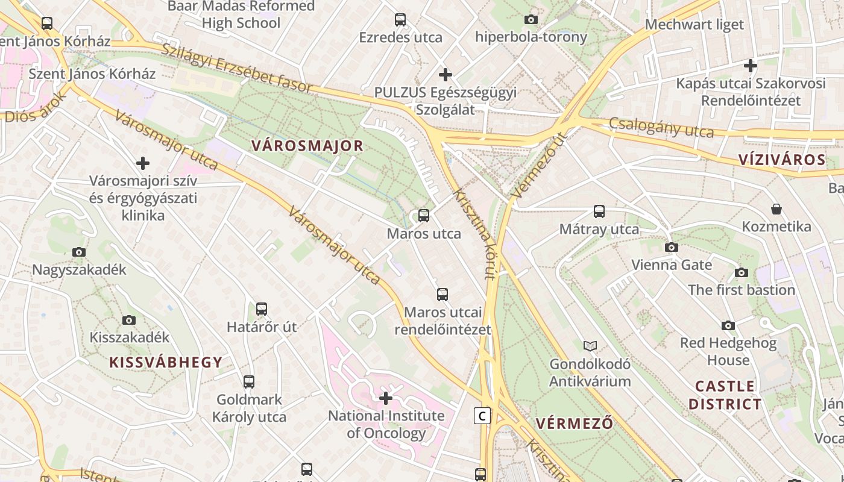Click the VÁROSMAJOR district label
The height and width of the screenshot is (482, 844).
click(x=307, y=145)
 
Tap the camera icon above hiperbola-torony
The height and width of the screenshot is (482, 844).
click(x=531, y=19)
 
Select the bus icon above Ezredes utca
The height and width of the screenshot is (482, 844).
click(x=400, y=20)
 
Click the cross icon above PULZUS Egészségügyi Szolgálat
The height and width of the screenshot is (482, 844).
click(x=446, y=75)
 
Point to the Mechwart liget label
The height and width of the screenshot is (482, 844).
click(x=694, y=25)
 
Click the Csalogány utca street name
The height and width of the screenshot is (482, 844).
click(x=661, y=127)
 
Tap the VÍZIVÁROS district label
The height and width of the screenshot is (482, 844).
click(x=782, y=160)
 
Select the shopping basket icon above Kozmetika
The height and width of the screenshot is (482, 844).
click(x=776, y=209)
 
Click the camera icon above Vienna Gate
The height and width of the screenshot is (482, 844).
click(x=671, y=247)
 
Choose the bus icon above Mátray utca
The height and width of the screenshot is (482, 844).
click(x=599, y=211)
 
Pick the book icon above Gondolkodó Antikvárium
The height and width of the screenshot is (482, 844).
click(x=590, y=346)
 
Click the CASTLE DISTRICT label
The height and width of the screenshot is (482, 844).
click(x=725, y=395)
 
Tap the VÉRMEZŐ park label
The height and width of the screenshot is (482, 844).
click(x=575, y=423)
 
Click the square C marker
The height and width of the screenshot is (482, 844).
click(x=481, y=416)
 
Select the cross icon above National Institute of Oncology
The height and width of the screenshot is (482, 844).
click(x=386, y=398)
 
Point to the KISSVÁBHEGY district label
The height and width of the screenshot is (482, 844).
click(x=166, y=362)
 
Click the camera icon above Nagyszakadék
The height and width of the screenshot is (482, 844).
click(x=79, y=252)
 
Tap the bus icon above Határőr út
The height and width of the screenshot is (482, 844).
click(x=262, y=309)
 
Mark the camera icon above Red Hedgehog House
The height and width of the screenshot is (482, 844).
click(x=728, y=325)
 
